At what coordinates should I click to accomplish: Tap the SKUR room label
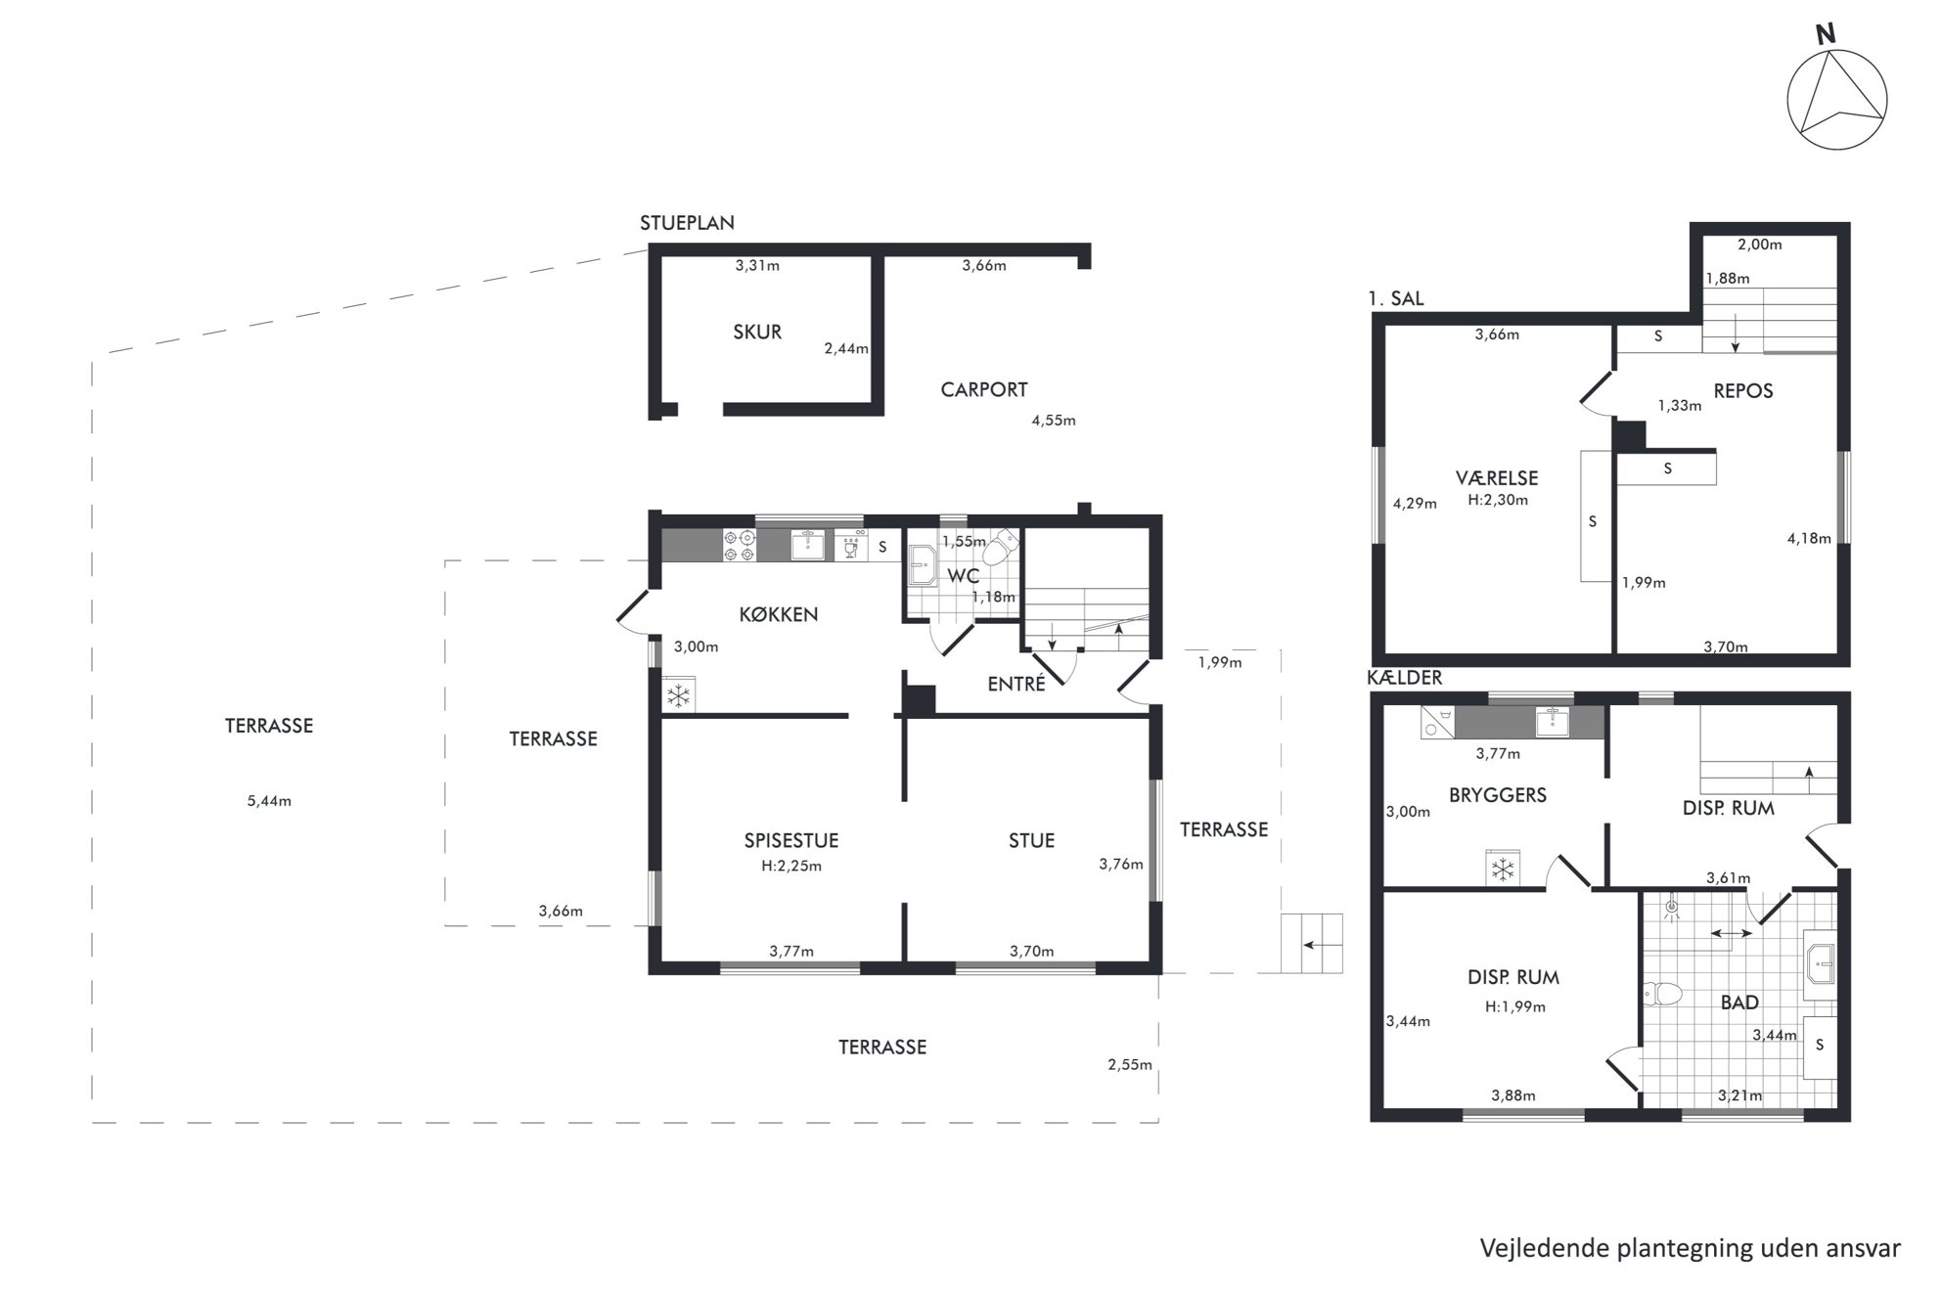pyautogui.click(x=757, y=332)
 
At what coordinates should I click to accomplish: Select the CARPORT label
pyautogui.click(x=984, y=389)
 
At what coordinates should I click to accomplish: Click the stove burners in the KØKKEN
pyautogui.click(x=739, y=546)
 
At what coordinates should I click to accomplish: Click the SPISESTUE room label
pyautogui.click(x=791, y=840)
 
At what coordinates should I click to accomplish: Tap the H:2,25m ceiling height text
pyautogui.click(x=791, y=866)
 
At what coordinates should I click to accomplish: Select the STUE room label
pyautogui.click(x=1031, y=840)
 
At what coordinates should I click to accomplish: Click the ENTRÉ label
pyautogui.click(x=1016, y=684)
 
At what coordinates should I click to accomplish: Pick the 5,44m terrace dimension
pyautogui.click(x=269, y=801)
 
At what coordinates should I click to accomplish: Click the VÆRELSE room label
pyautogui.click(x=1497, y=477)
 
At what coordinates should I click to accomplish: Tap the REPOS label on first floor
pyautogui.click(x=1743, y=390)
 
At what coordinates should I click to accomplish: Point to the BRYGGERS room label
pyautogui.click(x=1498, y=794)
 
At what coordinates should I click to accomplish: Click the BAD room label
pyautogui.click(x=1739, y=1002)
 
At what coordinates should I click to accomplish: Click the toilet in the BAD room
pyautogui.click(x=1662, y=994)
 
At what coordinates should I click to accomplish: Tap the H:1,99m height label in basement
pyautogui.click(x=1514, y=1006)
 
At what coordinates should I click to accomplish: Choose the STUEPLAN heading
pyautogui.click(x=687, y=223)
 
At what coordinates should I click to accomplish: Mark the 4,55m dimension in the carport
pyautogui.click(x=1054, y=421)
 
